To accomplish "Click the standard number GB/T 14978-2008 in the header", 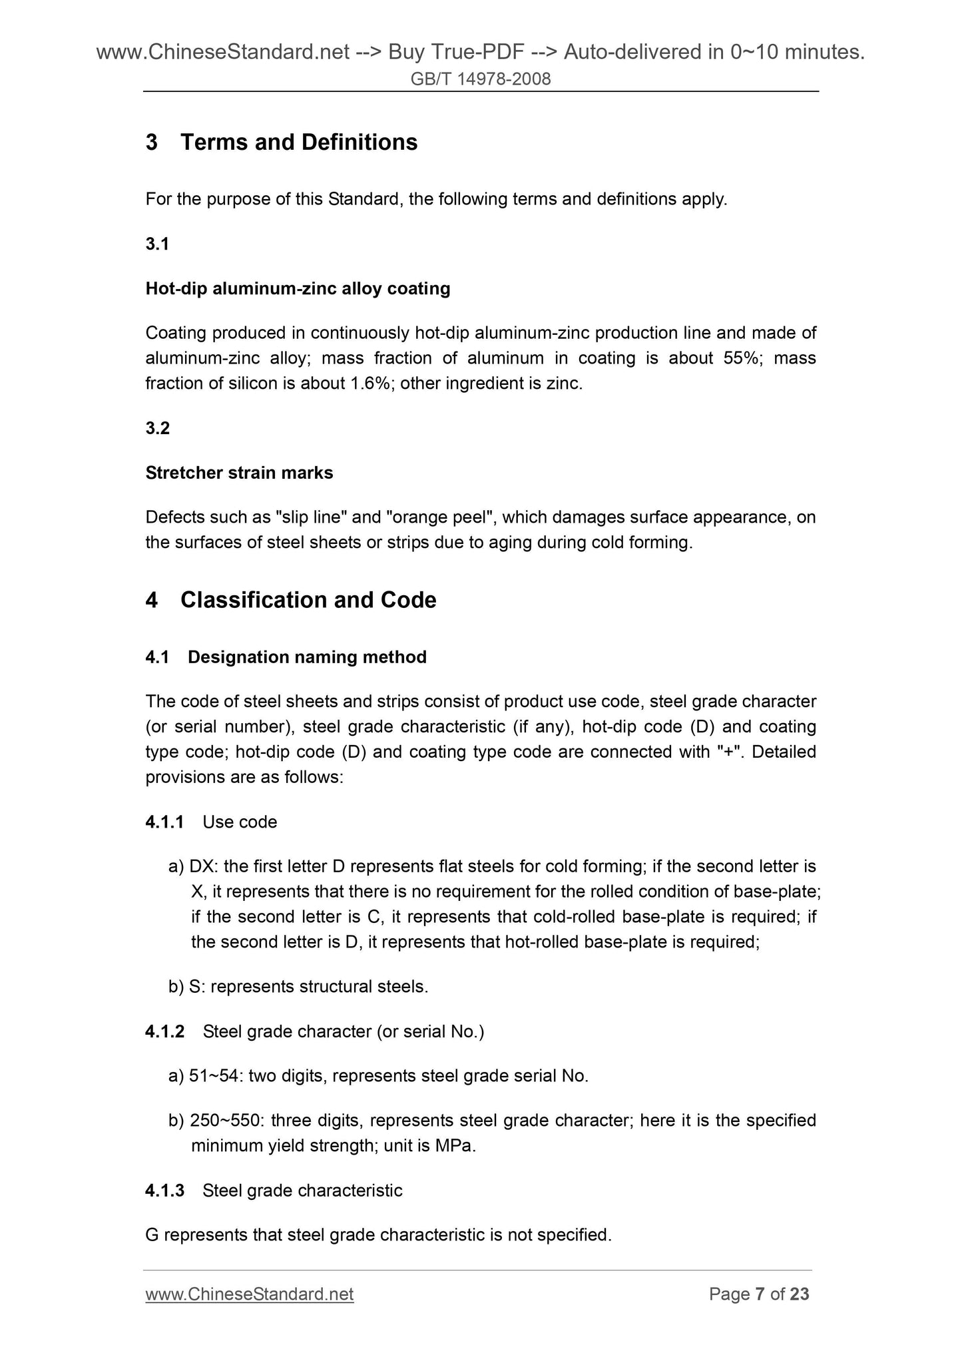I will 481,79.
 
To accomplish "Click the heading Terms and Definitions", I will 299,142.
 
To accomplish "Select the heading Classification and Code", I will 308,600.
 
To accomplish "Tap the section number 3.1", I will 157,244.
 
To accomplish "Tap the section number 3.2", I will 158,428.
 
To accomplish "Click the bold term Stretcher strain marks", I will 239,473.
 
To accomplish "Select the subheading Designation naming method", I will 307,657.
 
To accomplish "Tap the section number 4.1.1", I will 164,822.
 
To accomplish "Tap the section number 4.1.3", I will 164,1191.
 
